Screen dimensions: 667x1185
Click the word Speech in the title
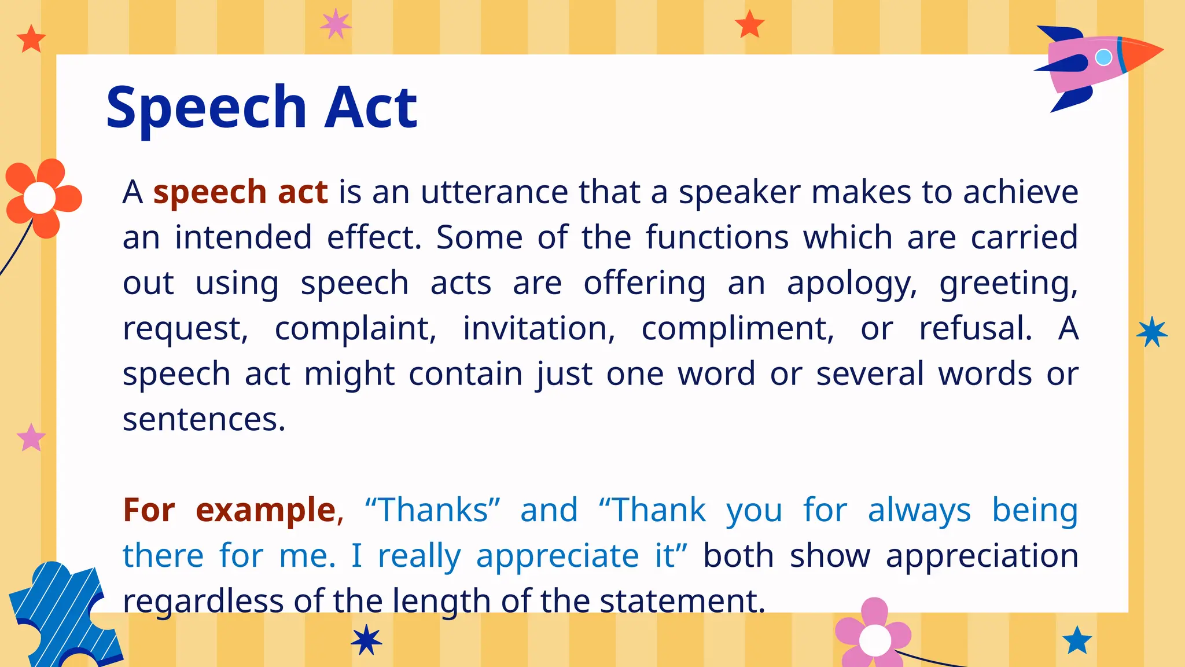pos(206,108)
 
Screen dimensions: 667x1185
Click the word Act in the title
pos(370,107)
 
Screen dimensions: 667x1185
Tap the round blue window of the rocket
pos(1103,57)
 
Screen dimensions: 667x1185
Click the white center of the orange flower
pos(39,197)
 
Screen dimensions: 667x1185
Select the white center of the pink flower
pos(875,640)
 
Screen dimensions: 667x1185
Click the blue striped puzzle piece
pos(58,614)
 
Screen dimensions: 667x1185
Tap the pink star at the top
pos(336,24)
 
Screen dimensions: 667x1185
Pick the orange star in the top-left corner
pos(31,39)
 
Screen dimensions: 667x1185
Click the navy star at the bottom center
pos(366,640)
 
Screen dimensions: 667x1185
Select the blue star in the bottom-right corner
pos(1077,640)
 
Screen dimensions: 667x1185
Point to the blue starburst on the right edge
pos(1151,332)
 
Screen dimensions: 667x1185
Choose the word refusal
pos(976,329)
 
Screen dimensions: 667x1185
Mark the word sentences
pos(204,419)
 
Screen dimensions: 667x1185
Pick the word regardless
pos(203,601)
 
